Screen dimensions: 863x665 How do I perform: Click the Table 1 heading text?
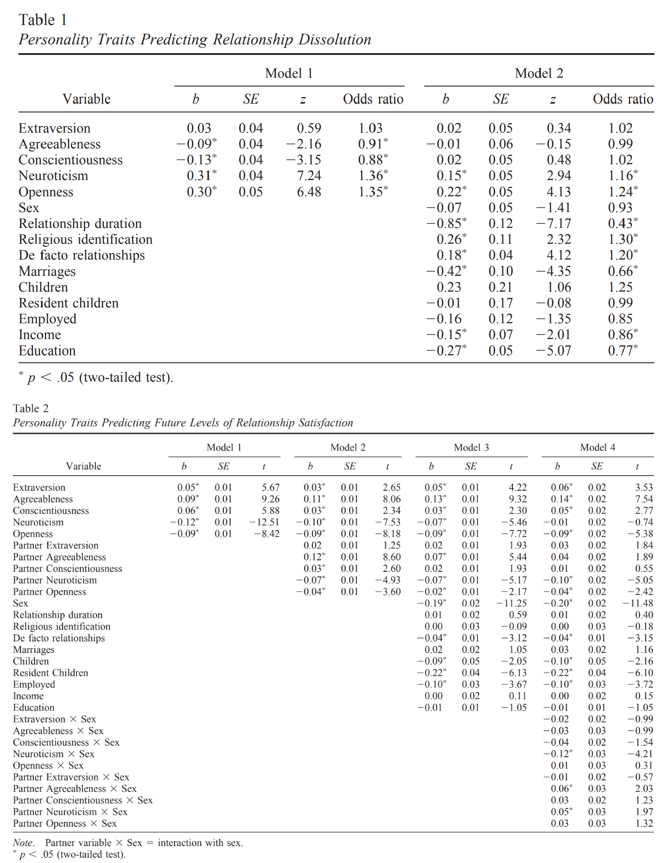[43, 20]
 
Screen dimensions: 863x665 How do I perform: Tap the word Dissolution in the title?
[335, 40]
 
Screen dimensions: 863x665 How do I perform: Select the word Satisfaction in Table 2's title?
[325, 422]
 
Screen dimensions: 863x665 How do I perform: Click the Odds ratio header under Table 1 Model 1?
[373, 99]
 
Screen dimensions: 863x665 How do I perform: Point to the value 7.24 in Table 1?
[309, 176]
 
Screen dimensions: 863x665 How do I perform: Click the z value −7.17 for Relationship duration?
[553, 224]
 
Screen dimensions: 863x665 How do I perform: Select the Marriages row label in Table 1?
[47, 271]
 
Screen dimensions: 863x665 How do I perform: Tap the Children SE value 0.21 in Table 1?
[500, 287]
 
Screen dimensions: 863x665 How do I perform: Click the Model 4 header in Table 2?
[597, 448]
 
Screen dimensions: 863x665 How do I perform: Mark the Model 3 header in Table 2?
[471, 448]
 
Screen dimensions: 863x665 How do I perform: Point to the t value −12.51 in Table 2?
[264, 522]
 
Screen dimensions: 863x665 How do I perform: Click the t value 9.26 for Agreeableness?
[271, 499]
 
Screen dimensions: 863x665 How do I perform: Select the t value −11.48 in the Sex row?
[638, 603]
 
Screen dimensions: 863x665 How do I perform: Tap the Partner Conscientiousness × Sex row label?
[83, 800]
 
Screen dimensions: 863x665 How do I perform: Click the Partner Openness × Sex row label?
[65, 823]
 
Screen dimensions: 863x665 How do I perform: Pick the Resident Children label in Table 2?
[51, 673]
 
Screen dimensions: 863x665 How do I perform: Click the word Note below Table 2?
[23, 843]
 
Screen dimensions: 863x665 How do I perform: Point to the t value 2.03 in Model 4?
[644, 789]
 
